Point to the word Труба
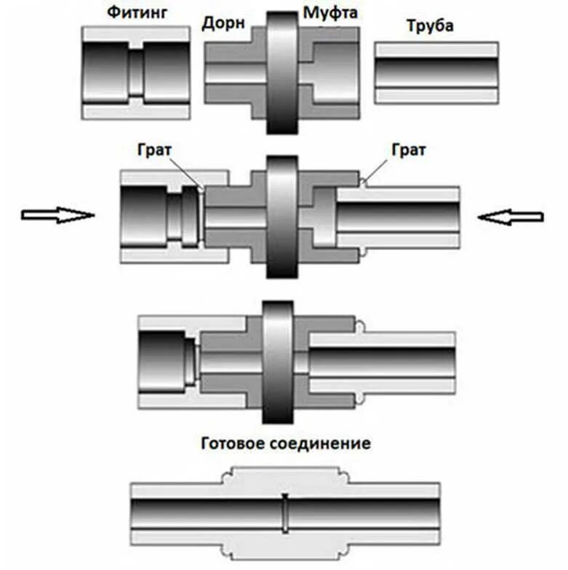pyautogui.click(x=430, y=26)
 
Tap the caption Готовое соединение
pyautogui.click(x=284, y=443)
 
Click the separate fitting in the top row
pyautogui.click(x=136, y=73)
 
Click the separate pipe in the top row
pyautogui.click(x=436, y=73)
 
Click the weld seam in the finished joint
pyautogui.click(x=285, y=513)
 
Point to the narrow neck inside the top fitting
pyautogui.click(x=136, y=73)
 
